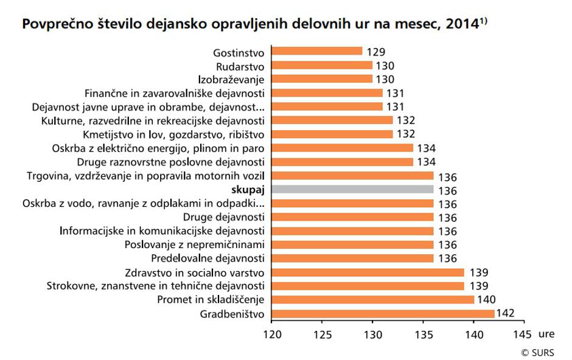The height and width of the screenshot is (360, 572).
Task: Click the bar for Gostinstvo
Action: pos(316,52)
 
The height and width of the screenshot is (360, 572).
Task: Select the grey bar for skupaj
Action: pos(352,190)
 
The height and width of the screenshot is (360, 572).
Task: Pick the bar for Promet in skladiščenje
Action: pos(372,300)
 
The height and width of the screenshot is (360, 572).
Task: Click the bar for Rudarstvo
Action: pos(321,66)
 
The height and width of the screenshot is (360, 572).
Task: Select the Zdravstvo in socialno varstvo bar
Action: pos(368,272)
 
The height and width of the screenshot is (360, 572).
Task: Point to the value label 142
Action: pos(506,314)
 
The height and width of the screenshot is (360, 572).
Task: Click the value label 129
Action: pos(376,52)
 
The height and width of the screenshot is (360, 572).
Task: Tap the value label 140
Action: pos(487,300)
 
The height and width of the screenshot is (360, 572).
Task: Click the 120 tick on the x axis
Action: pos(271,334)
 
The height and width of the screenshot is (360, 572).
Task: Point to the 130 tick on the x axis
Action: pos(372,334)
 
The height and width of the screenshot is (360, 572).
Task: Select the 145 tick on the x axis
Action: pos(523,334)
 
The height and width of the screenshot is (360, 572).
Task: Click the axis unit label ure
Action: pos(546,334)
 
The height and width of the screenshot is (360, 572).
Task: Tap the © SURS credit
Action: pos(538,353)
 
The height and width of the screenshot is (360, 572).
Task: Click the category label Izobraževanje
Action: pos(232,79)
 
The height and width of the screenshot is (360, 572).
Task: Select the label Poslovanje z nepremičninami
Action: pos(195,245)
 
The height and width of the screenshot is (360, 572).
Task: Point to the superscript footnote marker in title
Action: pos(484,21)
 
